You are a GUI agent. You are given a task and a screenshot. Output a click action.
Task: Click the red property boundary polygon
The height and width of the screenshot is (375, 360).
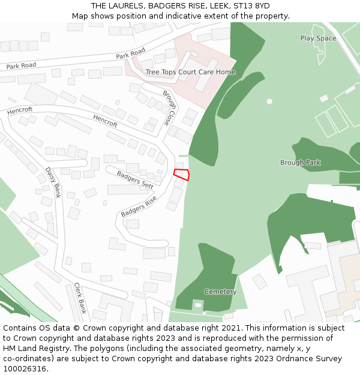(182, 175)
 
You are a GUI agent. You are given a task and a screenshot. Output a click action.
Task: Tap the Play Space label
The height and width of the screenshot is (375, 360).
(318, 38)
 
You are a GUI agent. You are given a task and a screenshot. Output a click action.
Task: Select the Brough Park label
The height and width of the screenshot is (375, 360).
(301, 163)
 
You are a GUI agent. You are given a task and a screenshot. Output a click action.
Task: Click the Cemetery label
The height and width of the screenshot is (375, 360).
(220, 292)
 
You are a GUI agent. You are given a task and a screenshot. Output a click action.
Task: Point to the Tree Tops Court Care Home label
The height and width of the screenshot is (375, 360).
(190, 72)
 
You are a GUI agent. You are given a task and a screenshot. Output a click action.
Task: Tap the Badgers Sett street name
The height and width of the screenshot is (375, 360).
(135, 180)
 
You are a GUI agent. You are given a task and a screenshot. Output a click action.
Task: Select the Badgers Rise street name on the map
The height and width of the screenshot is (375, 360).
(139, 206)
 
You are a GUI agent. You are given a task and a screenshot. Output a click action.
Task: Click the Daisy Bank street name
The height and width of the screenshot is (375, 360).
(53, 182)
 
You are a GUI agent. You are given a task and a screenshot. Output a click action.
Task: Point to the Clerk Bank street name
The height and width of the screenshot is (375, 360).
(80, 298)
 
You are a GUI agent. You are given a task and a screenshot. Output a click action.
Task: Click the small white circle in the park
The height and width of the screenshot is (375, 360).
(269, 101)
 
